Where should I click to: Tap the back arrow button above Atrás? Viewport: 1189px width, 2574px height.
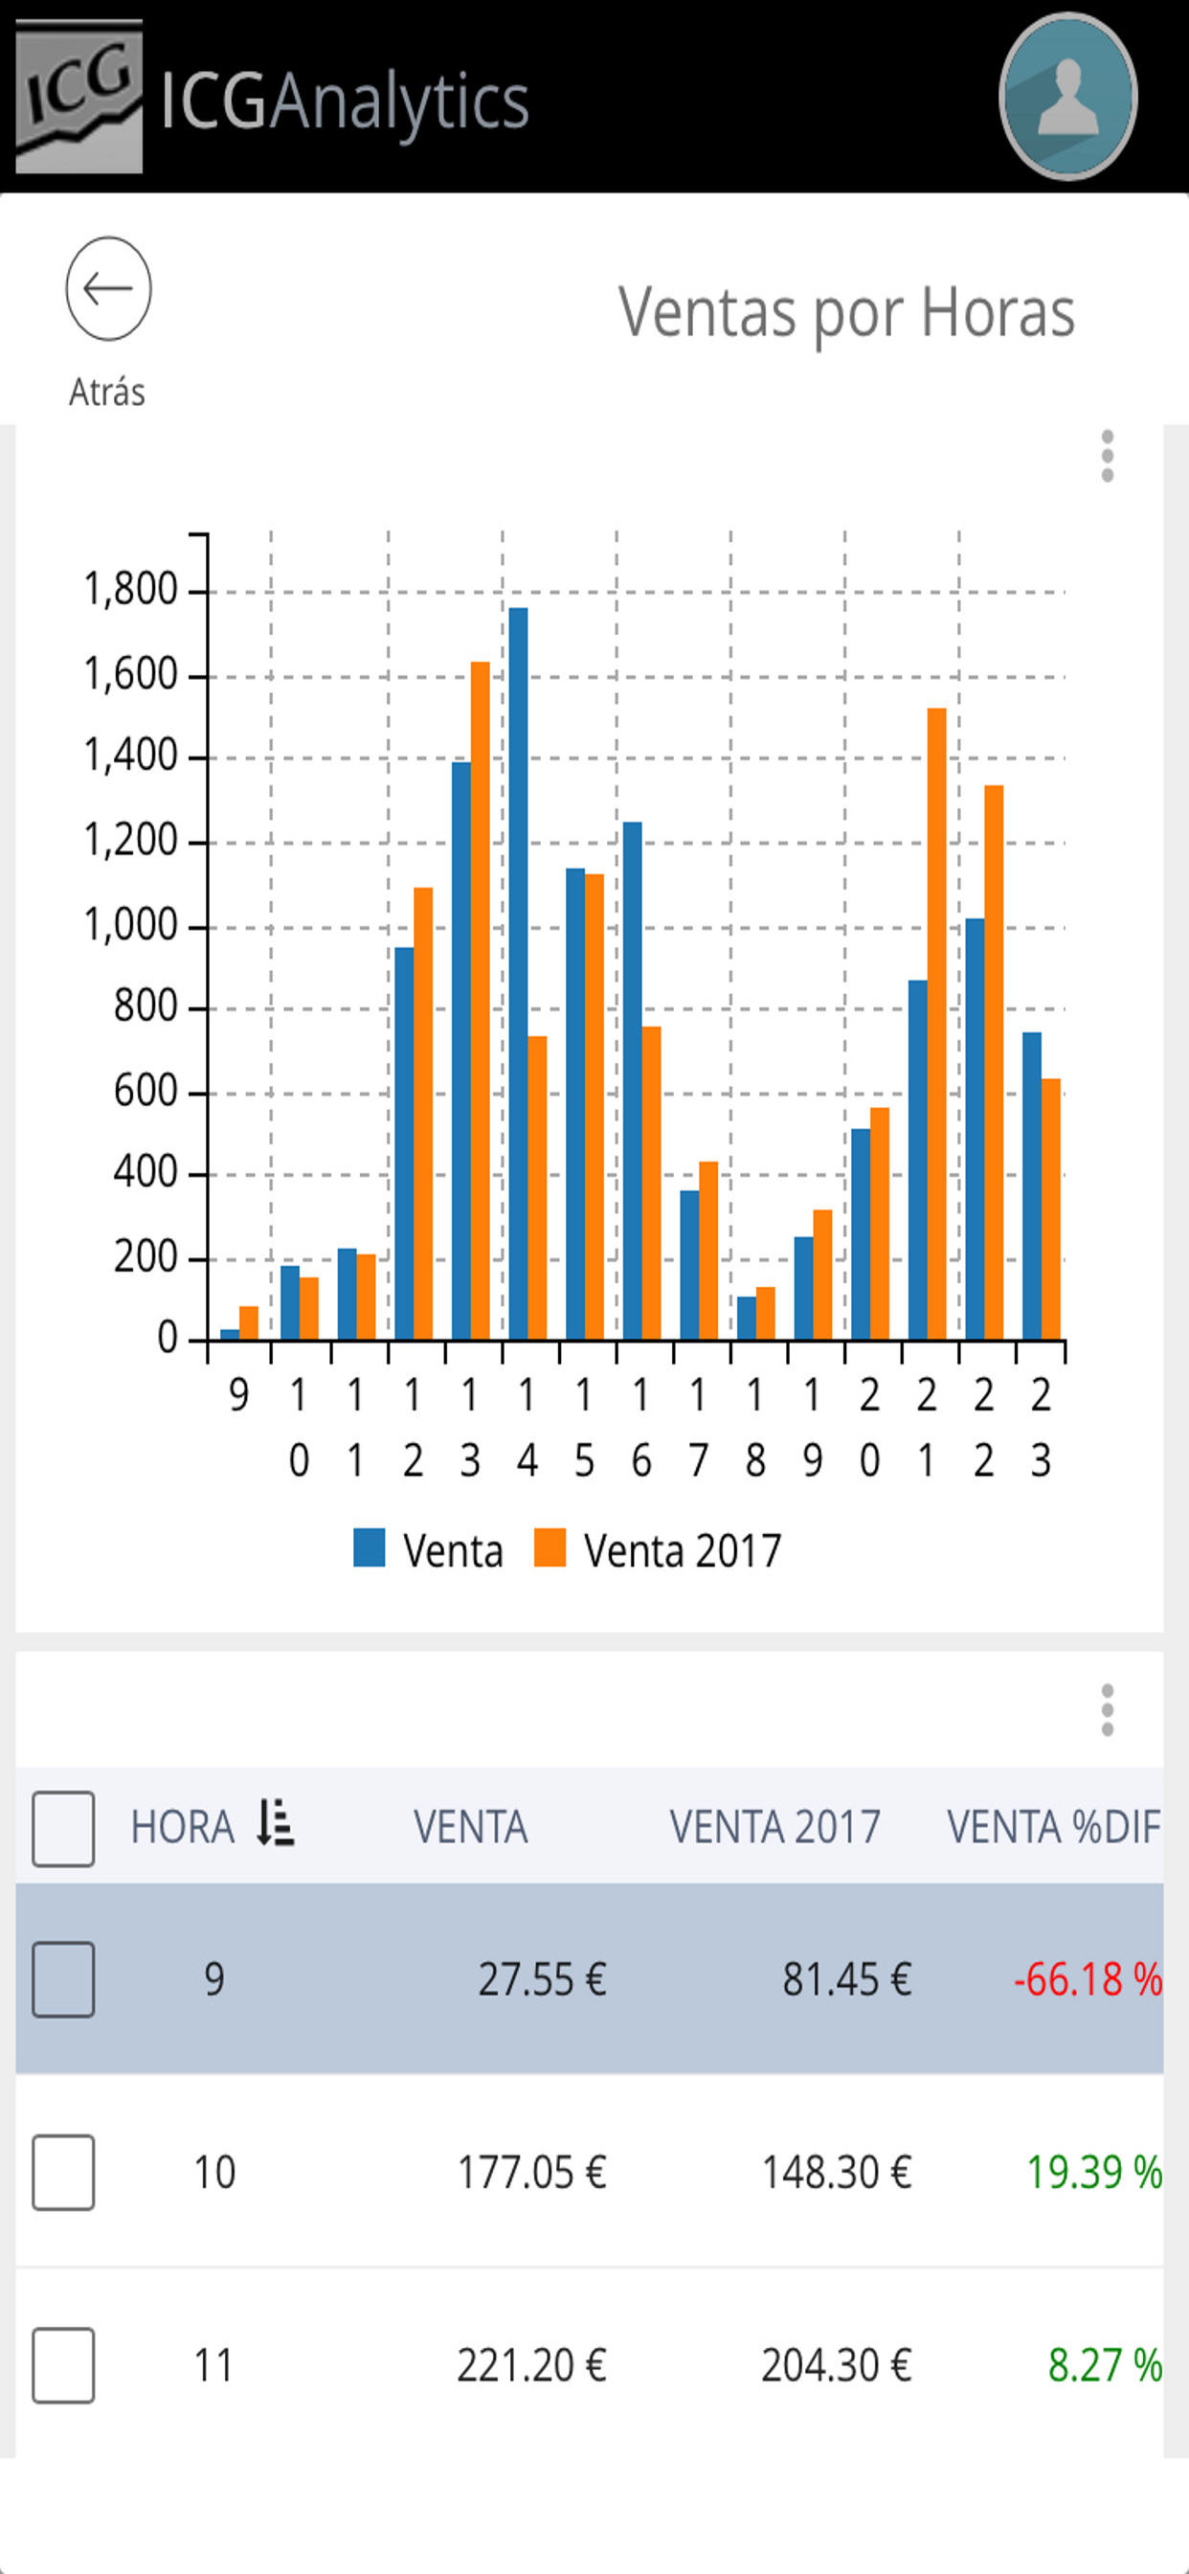coord(108,289)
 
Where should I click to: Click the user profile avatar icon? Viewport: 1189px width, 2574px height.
coord(1067,97)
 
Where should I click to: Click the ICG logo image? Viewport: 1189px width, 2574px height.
coord(79,97)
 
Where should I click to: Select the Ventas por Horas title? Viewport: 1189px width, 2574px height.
coord(845,313)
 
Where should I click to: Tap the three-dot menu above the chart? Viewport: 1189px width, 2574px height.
coord(1106,457)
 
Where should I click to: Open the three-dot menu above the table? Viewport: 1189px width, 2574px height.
coord(1106,1709)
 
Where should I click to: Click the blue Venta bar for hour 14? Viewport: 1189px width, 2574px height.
coord(518,973)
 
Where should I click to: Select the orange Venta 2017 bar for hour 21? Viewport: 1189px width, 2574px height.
coord(936,1024)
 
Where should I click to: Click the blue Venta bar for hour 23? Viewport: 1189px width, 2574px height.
coord(1031,1185)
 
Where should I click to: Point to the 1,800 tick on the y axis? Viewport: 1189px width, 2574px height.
coord(130,590)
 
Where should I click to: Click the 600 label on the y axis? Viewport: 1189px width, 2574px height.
coord(145,1090)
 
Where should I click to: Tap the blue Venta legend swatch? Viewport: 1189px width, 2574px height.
coord(370,1547)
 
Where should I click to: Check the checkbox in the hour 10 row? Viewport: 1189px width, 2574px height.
coord(63,2173)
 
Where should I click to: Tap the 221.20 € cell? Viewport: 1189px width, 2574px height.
coord(530,2365)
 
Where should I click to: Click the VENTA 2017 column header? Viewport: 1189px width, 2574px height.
coord(774,1826)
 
